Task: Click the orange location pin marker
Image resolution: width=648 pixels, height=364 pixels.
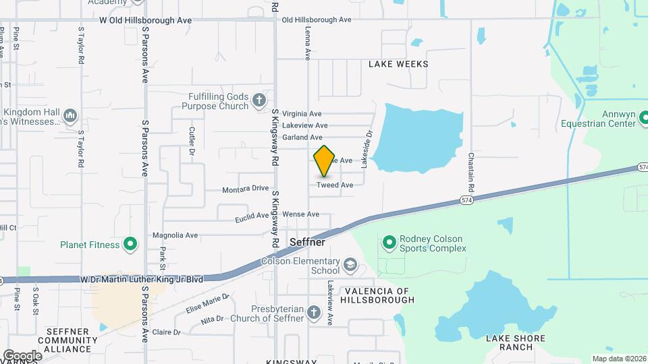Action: (325, 160)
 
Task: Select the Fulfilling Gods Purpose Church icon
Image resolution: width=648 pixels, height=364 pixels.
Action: (259, 101)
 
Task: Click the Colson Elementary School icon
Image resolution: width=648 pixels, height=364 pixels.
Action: (350, 264)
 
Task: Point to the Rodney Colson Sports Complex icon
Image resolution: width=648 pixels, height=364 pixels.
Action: (389, 241)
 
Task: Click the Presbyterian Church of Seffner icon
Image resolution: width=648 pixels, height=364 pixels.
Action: (313, 312)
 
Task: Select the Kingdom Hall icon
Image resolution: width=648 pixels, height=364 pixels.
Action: (70, 117)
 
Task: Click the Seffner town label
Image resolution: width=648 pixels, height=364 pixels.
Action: (307, 242)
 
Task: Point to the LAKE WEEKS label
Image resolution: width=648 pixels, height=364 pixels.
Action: (398, 64)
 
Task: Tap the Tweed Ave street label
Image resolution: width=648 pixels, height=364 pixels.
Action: (335, 185)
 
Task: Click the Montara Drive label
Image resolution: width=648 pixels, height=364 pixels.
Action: (246, 189)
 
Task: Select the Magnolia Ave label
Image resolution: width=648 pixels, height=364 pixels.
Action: (175, 235)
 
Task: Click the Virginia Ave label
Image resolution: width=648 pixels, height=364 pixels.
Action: (302, 113)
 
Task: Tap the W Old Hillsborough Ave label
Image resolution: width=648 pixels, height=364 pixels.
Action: (145, 20)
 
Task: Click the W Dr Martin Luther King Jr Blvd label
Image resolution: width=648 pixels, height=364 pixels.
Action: (141, 278)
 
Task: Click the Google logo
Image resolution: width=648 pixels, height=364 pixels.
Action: (22, 355)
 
